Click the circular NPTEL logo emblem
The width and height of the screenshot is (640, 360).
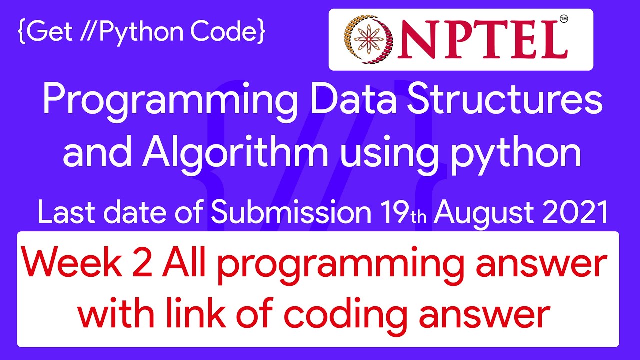(x=369, y=39)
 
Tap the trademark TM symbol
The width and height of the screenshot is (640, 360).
(x=564, y=19)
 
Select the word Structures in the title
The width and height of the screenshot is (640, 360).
(x=504, y=99)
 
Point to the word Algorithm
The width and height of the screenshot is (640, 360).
(x=235, y=155)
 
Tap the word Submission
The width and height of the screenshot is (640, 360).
(x=291, y=212)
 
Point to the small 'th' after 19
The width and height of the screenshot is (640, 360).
(x=419, y=217)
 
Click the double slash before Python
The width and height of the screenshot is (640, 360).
(x=89, y=31)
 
